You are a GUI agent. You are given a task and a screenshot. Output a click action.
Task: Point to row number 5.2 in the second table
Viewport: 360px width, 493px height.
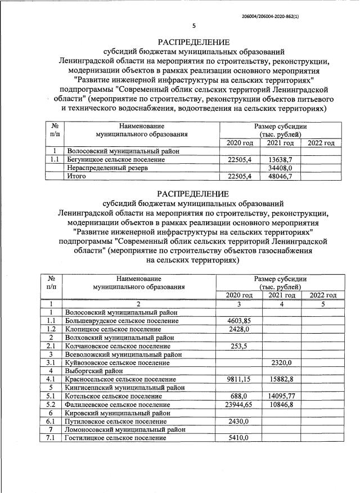51,405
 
